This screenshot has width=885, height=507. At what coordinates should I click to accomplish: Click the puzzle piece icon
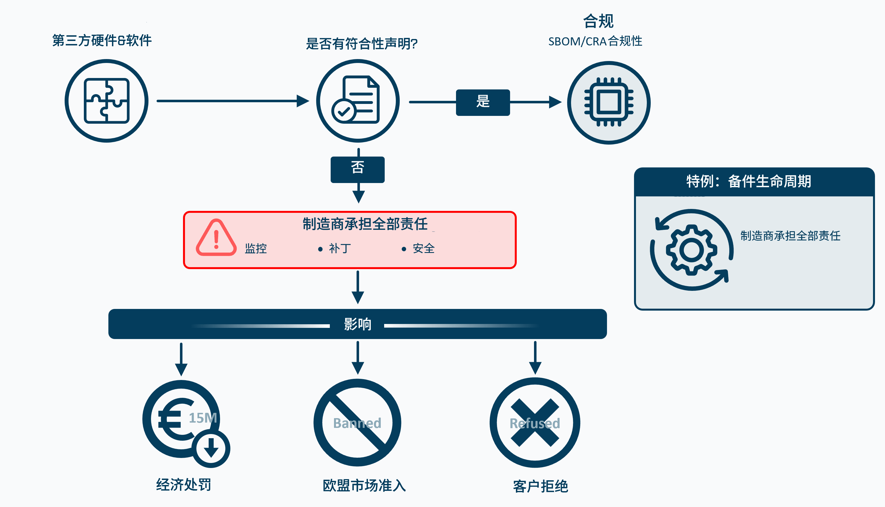[x=106, y=101]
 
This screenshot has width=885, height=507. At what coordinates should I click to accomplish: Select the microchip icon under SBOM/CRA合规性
[x=609, y=103]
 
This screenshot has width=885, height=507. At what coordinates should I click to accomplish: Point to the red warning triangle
[x=216, y=238]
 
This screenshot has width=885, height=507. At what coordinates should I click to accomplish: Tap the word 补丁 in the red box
[x=340, y=248]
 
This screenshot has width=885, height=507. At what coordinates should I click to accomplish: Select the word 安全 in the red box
[x=423, y=248]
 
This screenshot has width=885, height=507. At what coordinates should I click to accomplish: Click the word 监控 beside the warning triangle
[x=255, y=248]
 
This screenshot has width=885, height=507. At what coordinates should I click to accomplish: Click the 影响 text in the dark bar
[x=358, y=324]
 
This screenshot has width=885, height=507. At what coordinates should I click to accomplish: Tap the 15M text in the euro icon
[x=203, y=418]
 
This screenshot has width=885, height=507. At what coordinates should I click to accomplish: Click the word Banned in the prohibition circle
[x=357, y=423]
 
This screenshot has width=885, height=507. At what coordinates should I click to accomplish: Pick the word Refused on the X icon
[x=535, y=423]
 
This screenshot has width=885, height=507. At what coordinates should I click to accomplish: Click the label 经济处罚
[x=184, y=484]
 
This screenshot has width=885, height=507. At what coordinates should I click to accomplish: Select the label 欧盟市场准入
[x=364, y=485]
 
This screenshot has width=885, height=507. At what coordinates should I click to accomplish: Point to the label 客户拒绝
[x=540, y=486]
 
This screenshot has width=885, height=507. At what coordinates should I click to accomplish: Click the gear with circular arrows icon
[x=691, y=250]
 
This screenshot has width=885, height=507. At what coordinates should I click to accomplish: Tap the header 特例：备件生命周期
[x=749, y=181]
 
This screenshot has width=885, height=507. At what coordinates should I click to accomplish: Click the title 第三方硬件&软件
[x=102, y=40]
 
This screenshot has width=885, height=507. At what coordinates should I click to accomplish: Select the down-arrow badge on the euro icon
[x=211, y=448]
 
